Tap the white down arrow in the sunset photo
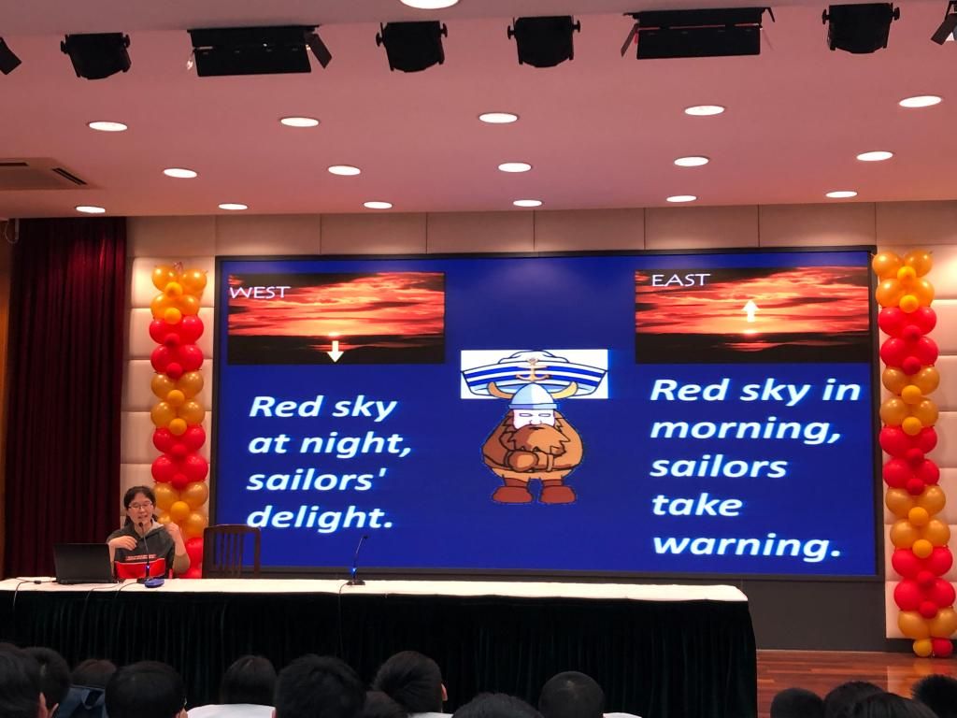335,352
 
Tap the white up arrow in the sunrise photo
750,310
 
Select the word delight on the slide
320,518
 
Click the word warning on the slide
747,545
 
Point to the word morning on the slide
745,430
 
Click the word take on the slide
697,506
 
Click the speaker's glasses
140,506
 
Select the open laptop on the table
84,564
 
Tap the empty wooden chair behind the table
232,552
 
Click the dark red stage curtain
64,396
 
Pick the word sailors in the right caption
719,467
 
